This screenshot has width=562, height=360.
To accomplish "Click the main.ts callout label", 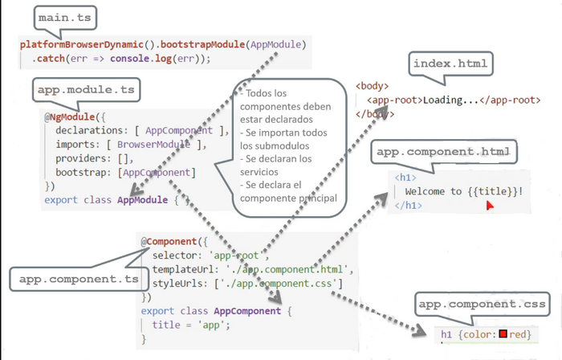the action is (65, 18).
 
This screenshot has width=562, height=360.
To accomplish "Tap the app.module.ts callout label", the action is (86, 90).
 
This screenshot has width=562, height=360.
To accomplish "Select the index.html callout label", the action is (450, 63).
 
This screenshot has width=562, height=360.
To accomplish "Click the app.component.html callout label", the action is (444, 152).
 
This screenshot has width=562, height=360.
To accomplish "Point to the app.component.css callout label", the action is (482, 304).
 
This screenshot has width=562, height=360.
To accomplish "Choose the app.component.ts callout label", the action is (79, 279).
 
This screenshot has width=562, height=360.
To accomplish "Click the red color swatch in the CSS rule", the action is (503, 333).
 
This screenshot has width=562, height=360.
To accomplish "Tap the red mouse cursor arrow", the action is (490, 206).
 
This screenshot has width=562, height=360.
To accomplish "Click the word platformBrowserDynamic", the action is (82, 44).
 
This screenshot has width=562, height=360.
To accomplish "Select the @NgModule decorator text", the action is (71, 117).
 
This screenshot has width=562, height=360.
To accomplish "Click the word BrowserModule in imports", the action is (154, 144).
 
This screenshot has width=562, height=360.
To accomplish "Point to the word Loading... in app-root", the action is (450, 100).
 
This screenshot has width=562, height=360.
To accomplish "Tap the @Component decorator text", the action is (169, 241).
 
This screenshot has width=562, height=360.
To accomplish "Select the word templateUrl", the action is (185, 269).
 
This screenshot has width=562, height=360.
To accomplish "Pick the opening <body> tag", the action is (372, 86).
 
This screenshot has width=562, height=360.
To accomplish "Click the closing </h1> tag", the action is (408, 206).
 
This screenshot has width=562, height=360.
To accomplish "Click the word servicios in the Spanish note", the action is (259, 172).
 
